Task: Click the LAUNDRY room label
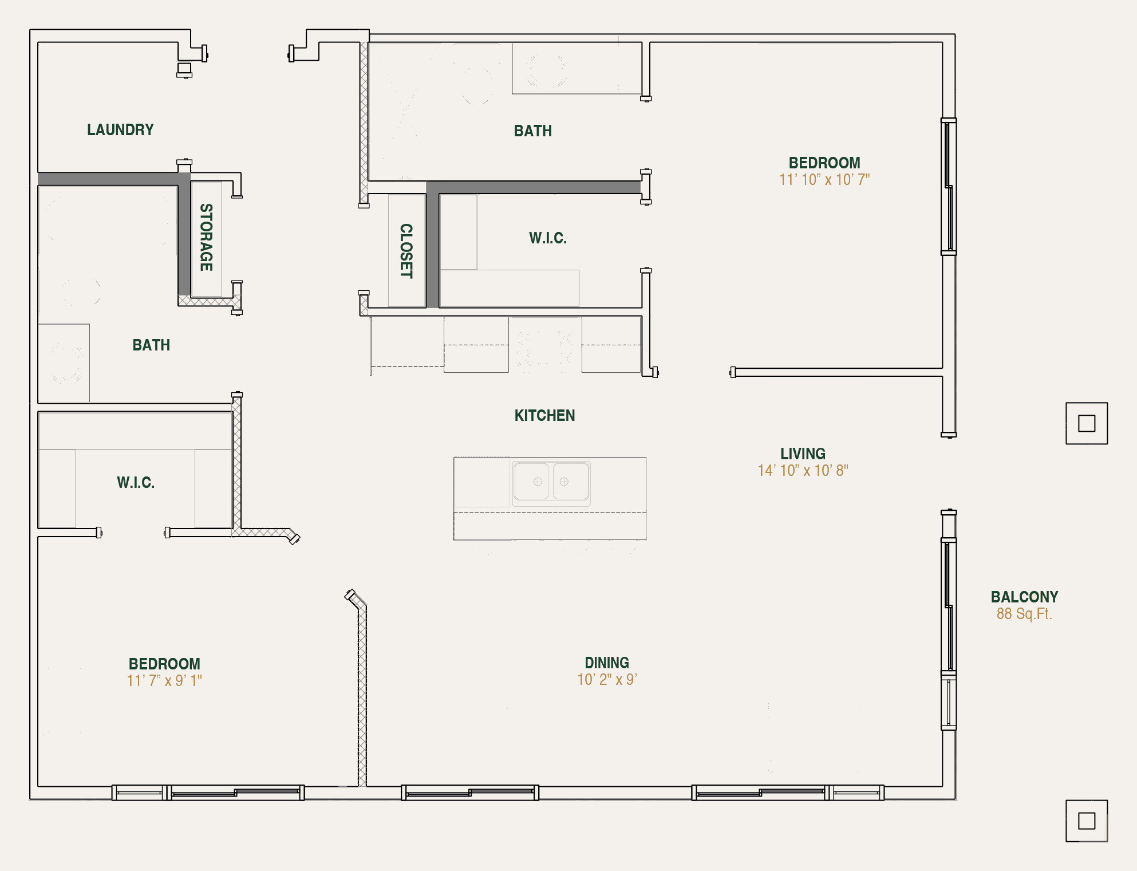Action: [x=120, y=130]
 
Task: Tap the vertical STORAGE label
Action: [x=206, y=237]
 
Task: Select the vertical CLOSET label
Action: [x=406, y=251]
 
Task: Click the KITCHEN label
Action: [x=544, y=416]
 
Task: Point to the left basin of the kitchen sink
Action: [x=531, y=482]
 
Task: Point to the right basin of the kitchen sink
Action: [x=570, y=482]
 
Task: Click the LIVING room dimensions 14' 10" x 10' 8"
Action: [x=803, y=471]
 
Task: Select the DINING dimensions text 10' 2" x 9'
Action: [x=607, y=680]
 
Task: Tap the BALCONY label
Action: [x=1024, y=597]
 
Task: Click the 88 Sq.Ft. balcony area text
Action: [x=1024, y=614]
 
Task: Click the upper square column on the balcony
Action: [x=1086, y=423]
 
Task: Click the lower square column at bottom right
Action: [x=1086, y=821]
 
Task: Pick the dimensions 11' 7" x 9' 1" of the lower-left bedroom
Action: [x=164, y=681]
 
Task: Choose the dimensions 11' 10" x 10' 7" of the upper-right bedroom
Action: [x=824, y=180]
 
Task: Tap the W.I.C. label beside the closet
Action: [x=548, y=238]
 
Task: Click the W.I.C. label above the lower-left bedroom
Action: [x=136, y=483]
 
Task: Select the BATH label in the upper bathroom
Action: [x=532, y=131]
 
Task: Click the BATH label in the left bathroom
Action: [x=151, y=345]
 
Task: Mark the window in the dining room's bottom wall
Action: [x=469, y=793]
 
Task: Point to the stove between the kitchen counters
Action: [x=545, y=345]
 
